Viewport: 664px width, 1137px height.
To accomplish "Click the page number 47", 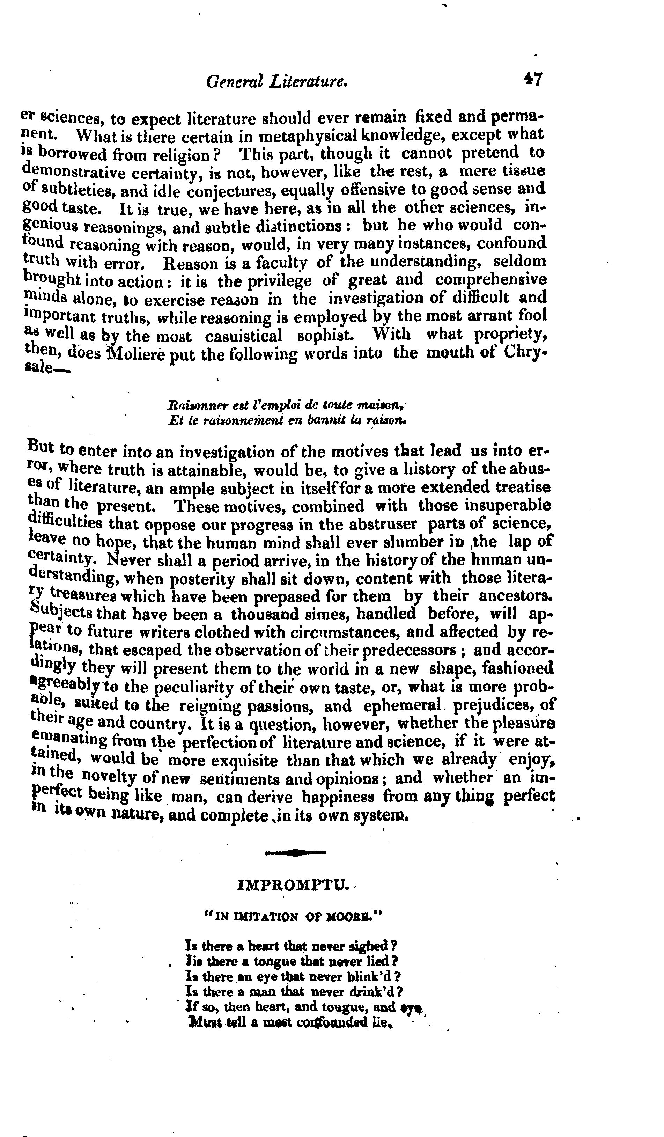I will tap(533, 79).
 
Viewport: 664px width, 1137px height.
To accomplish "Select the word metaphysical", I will tap(310, 135).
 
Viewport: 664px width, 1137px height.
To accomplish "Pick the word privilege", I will tap(264, 281).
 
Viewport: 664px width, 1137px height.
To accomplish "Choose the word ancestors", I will tap(515, 596).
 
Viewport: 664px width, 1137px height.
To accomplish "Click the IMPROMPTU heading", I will tap(294, 886).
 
